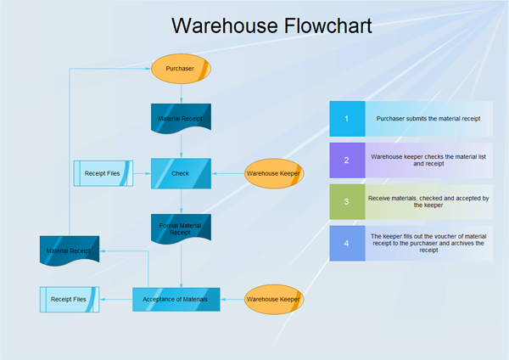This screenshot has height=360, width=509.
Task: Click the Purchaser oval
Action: pyautogui.click(x=180, y=69)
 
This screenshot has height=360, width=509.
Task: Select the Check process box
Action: pyautogui.click(x=180, y=173)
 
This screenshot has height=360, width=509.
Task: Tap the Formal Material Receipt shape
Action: pyautogui.click(x=180, y=228)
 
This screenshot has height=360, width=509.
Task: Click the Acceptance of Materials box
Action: pyautogui.click(x=176, y=299)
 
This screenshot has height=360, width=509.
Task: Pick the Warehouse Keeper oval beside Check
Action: pyautogui.click(x=273, y=173)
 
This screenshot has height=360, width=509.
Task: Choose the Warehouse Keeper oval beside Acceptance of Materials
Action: pyautogui.click(x=273, y=299)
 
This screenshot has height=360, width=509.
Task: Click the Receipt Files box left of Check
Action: pyautogui.click(x=102, y=174)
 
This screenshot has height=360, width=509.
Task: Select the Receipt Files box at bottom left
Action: pyautogui.click(x=69, y=299)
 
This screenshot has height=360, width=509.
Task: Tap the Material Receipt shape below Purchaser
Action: pyautogui.click(x=180, y=118)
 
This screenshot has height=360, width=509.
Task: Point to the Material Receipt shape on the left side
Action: pyautogui.click(x=70, y=250)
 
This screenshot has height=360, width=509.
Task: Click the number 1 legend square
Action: pyautogui.click(x=346, y=119)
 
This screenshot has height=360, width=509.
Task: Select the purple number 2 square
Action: pyautogui.click(x=346, y=160)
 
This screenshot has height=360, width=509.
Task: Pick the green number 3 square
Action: pyautogui.click(x=346, y=201)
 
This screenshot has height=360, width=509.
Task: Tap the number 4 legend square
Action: pyautogui.click(x=346, y=243)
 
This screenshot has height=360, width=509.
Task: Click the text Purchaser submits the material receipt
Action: pyautogui.click(x=428, y=119)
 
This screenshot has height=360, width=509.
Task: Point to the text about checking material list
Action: pyautogui.click(x=428, y=160)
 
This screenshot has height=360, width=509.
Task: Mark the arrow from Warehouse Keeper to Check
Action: pyautogui.click(x=227, y=173)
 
